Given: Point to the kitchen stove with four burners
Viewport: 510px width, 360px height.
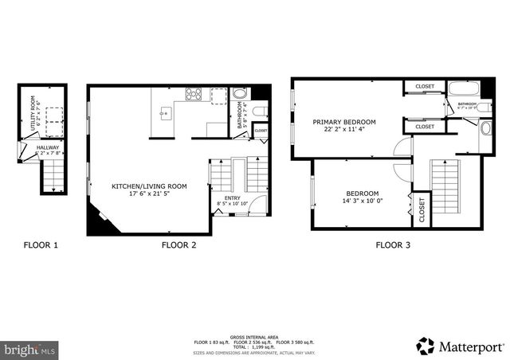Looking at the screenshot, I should coord(194,94).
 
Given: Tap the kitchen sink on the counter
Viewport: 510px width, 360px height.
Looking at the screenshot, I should coord(166,112).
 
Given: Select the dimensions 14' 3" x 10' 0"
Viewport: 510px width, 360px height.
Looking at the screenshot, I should coord(361,202).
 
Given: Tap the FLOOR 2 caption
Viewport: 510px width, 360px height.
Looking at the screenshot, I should coord(178,245).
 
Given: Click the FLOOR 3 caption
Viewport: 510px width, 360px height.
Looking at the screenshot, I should coord(393,245).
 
